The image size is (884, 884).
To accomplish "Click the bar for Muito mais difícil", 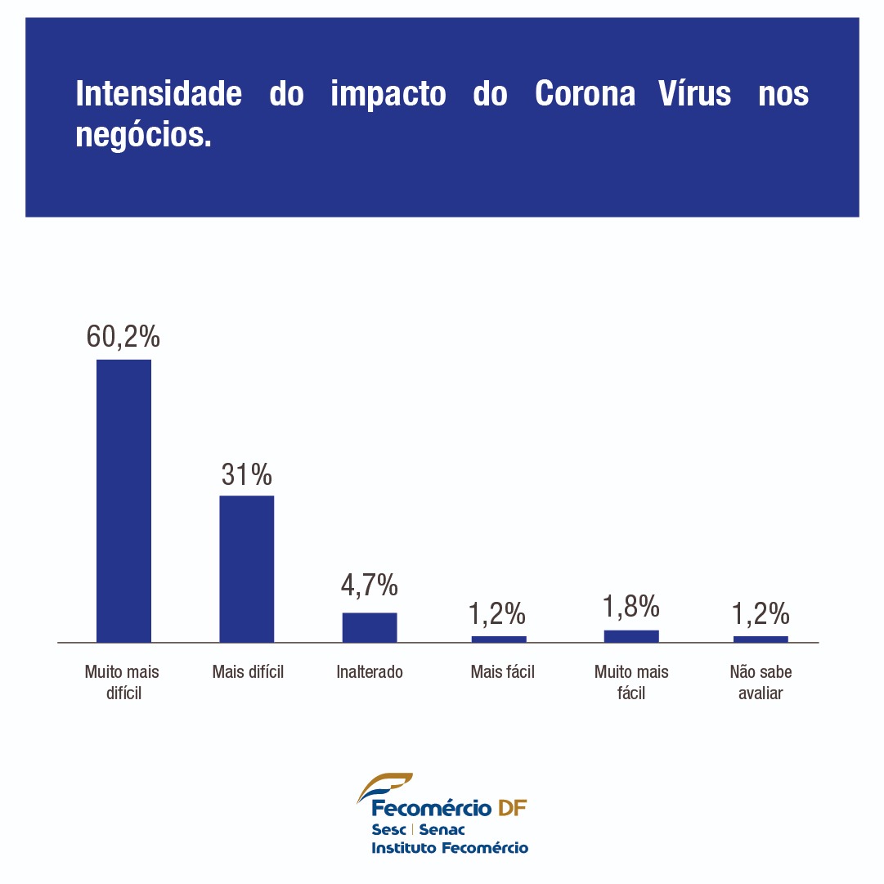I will (123, 500).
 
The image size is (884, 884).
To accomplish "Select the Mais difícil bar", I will (246, 568).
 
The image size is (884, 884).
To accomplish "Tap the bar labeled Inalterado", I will (369, 627).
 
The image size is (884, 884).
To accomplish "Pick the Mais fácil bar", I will (499, 639).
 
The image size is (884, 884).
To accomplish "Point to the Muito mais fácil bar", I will (631, 636).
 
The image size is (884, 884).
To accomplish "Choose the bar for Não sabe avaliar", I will (761, 639).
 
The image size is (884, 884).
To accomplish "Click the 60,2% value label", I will (123, 336).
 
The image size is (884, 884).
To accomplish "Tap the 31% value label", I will (246, 474).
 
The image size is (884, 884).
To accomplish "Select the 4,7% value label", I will (369, 586).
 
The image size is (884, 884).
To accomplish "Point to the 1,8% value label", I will (631, 606).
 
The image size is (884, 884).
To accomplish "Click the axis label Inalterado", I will (370, 672).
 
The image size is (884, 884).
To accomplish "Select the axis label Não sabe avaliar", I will (761, 682).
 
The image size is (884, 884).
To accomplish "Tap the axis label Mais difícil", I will (248, 672).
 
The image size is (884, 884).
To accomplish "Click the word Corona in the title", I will (586, 94).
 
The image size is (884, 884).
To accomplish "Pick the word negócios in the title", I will (143, 135).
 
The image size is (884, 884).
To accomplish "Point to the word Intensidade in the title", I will (159, 94).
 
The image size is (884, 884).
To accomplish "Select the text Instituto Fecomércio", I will (450, 848).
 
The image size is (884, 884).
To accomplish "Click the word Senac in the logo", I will (442, 830).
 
